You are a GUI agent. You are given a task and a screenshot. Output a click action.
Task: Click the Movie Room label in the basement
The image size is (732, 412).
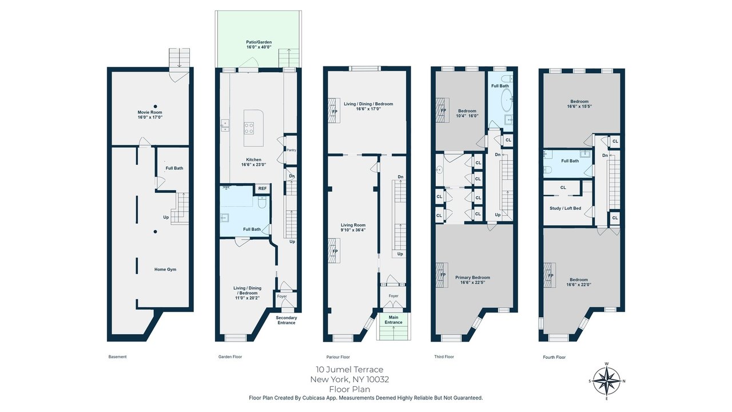(150, 114)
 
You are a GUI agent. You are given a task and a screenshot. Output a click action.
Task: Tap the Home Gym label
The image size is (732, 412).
(165, 270)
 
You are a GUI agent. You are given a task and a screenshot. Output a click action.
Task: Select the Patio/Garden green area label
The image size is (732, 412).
(259, 45)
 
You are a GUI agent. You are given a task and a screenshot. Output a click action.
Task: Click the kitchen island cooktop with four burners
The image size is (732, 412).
(249, 128)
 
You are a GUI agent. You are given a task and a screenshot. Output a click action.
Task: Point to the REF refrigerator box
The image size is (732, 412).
(262, 188)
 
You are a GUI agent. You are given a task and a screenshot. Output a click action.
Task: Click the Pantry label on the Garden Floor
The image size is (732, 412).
(291, 150)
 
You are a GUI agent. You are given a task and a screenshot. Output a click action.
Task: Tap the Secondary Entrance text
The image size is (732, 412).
(287, 320)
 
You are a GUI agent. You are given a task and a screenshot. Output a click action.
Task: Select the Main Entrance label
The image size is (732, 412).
(393, 320)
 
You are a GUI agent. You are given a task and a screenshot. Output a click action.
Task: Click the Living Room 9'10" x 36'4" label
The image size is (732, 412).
(353, 227)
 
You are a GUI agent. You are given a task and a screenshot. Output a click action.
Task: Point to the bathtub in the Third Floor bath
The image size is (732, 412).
(507, 99)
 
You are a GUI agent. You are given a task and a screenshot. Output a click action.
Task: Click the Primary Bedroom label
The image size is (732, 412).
(472, 280)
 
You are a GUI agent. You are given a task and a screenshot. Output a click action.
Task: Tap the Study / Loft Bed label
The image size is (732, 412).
(566, 208)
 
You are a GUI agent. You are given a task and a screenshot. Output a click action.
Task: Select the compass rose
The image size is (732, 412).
(607, 381)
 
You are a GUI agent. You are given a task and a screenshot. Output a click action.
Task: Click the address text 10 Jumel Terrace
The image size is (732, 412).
(349, 370)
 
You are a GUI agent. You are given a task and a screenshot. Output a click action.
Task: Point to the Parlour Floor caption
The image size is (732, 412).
(338, 356)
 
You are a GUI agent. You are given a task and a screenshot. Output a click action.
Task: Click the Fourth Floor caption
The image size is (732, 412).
(554, 357)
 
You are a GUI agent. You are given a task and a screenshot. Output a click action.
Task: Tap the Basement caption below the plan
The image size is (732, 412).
(117, 356)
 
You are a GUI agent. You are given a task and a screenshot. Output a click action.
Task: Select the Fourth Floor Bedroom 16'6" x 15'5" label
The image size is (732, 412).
(579, 104)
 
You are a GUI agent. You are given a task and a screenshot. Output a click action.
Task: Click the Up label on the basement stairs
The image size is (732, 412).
(166, 217)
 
